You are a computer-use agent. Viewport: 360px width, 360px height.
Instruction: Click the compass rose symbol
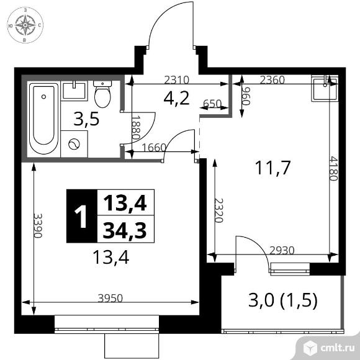point(24,25)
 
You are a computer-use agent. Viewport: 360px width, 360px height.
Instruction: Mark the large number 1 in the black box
point(81,217)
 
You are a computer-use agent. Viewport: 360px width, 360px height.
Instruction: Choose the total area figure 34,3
point(125,231)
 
